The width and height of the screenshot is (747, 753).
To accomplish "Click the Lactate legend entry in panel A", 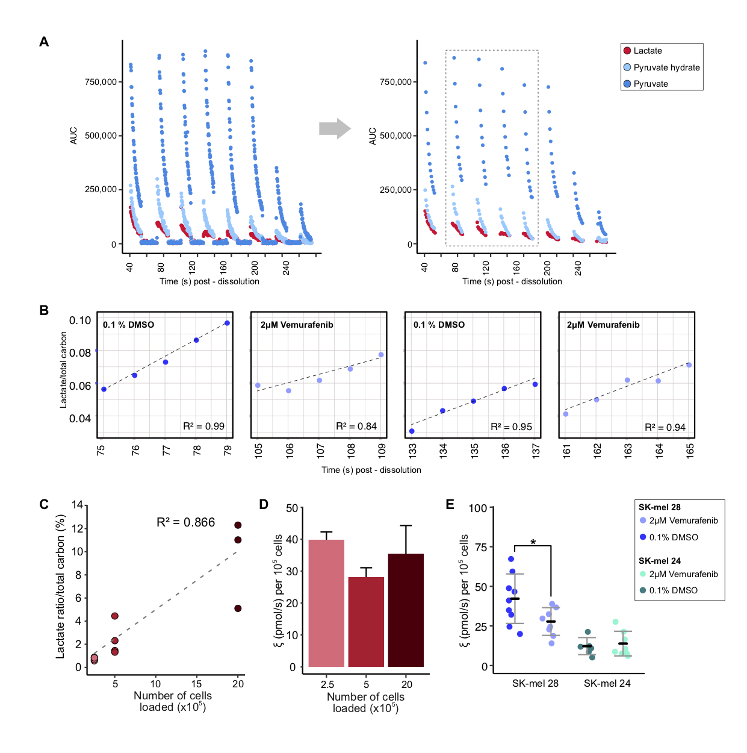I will coord(647,51).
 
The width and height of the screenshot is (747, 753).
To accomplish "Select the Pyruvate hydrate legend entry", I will coord(666,67).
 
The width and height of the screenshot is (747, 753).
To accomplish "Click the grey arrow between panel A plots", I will coord(334,128).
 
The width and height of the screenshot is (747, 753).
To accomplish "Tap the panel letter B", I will coord(44,311).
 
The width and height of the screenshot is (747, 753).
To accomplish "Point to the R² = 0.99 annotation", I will coord(203,426).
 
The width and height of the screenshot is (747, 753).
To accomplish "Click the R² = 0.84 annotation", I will coord(356,426).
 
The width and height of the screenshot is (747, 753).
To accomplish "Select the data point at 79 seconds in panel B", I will coord(227,323).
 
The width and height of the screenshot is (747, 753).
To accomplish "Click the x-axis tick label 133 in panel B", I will coord(412,451).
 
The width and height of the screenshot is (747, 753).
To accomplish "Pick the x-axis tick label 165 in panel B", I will coord(690,451).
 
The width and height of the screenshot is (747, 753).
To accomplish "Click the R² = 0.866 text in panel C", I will coord(185,523).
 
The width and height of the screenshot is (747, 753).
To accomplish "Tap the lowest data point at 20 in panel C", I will coord(238,608).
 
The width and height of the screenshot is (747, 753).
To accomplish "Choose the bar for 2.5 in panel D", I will coord(326,603).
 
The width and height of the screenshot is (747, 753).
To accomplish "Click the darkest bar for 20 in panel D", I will coord(406,610).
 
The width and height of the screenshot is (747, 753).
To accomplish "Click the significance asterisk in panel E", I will coord(533,543).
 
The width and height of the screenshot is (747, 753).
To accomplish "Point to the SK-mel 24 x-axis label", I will coord(607,683).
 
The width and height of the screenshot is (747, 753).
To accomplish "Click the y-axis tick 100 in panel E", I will coord(477,508).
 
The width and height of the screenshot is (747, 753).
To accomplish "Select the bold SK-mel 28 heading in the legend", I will coord(660,507).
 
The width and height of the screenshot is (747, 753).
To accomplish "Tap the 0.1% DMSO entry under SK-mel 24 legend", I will coord(672,590).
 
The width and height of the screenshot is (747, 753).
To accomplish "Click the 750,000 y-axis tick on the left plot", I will coord(101,82).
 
